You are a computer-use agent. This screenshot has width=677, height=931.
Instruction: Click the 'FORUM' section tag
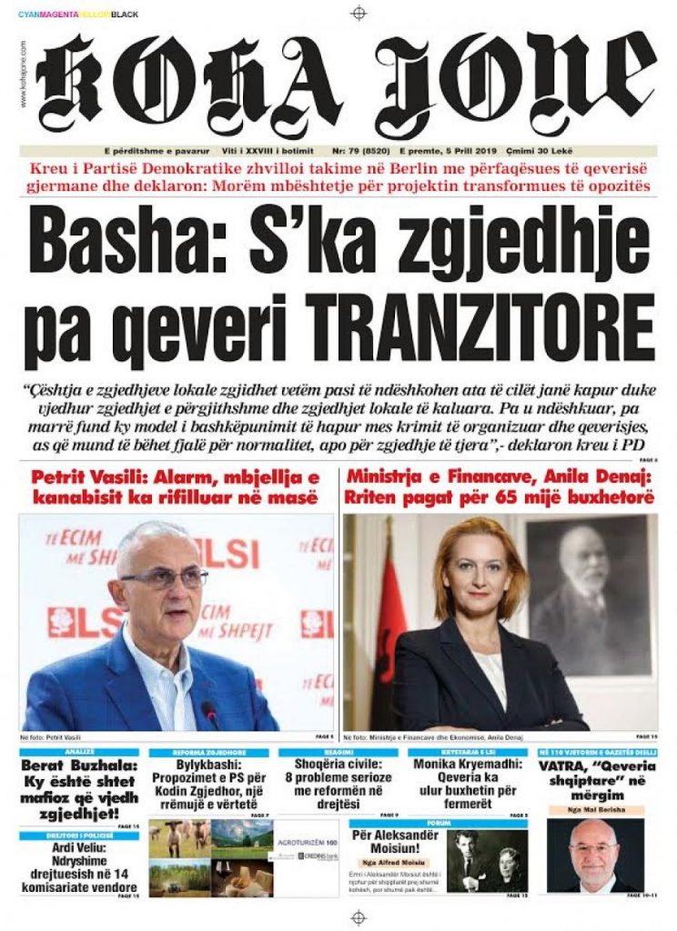point(469,826)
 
